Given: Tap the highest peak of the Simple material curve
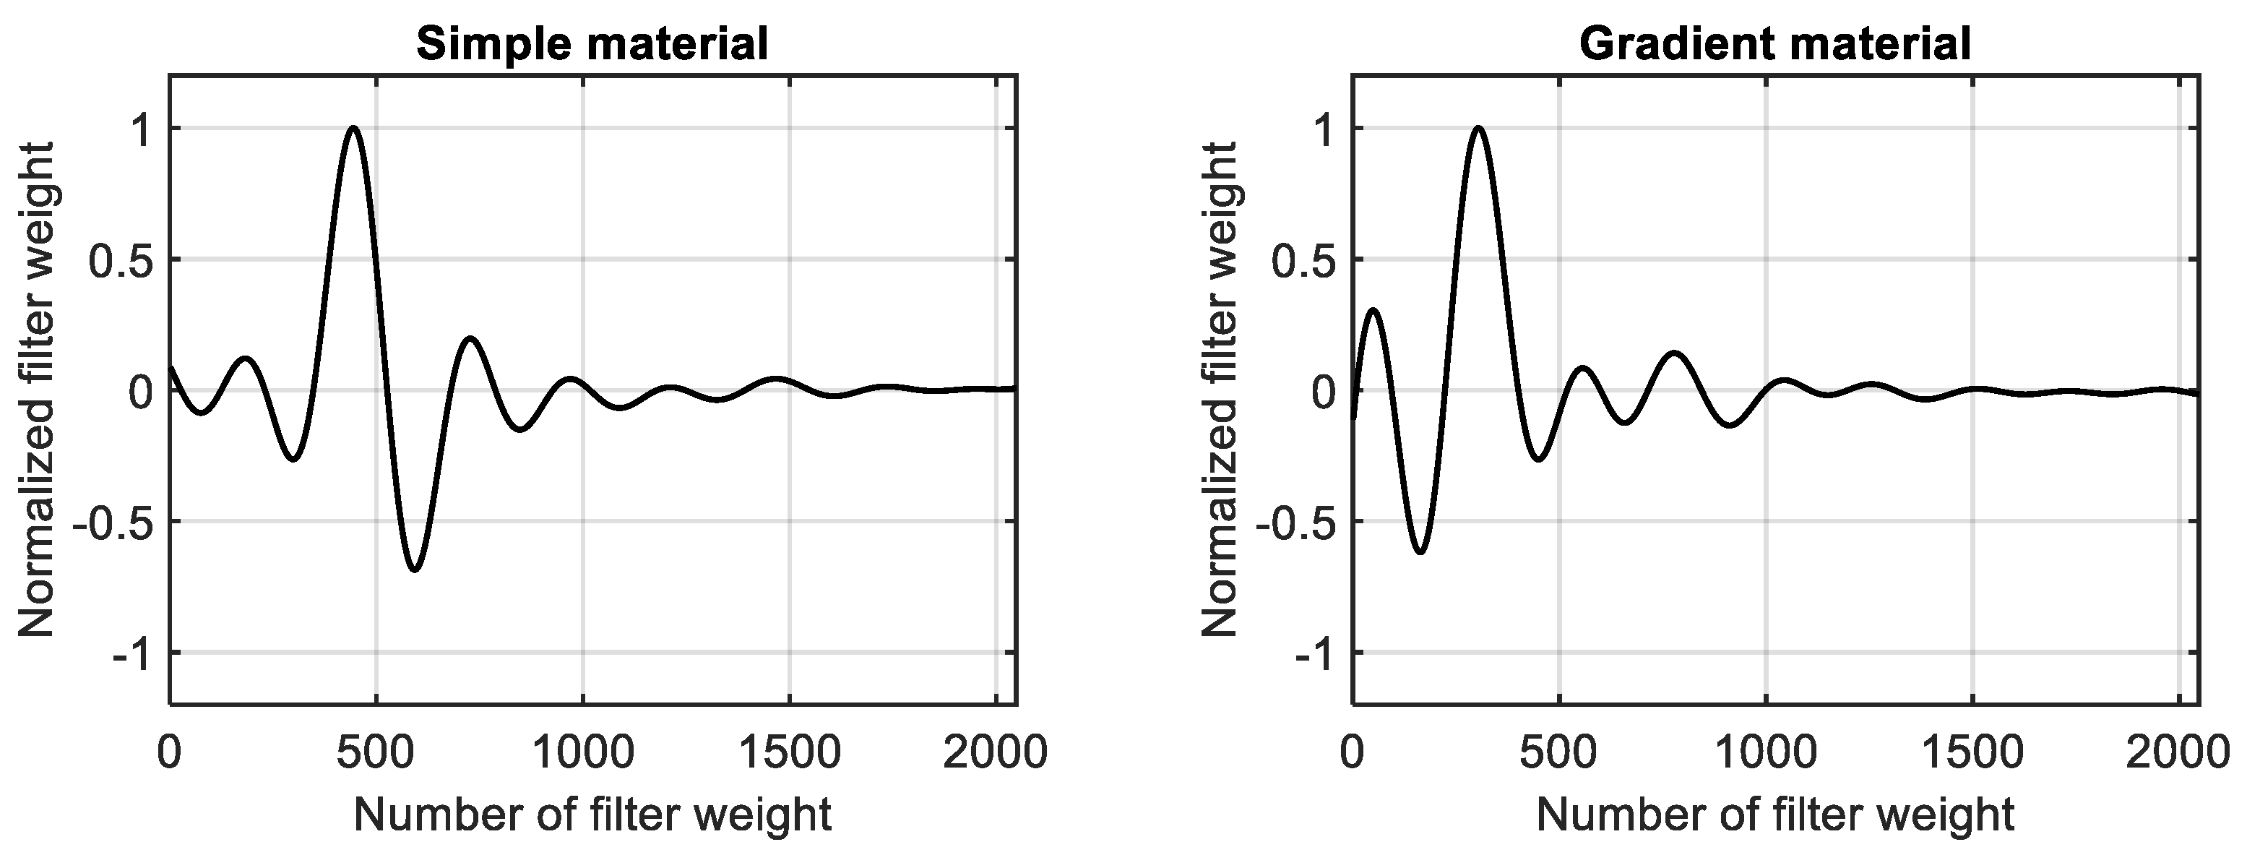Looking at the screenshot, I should [353, 128].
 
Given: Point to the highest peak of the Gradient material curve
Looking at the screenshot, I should [1477, 128].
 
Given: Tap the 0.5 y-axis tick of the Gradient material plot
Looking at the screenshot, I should [1303, 260].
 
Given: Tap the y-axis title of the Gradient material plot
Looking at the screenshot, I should [1220, 390].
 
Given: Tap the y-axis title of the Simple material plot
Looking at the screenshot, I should [37, 390].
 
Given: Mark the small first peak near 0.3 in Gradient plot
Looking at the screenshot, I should [1373, 310].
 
